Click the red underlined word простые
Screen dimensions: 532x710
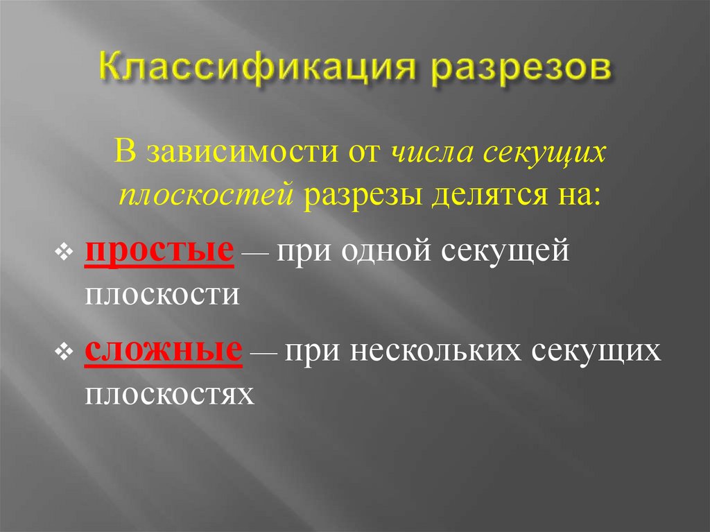tap(158, 254)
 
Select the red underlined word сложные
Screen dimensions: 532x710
tap(164, 351)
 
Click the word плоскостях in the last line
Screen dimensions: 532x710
tap(168, 393)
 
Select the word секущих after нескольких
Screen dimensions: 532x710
tap(595, 351)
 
